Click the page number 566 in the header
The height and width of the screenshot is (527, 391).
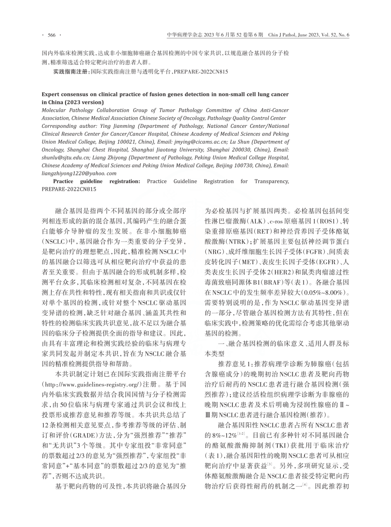[x=52, y=35]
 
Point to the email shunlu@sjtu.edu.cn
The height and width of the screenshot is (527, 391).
[x=66, y=158]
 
